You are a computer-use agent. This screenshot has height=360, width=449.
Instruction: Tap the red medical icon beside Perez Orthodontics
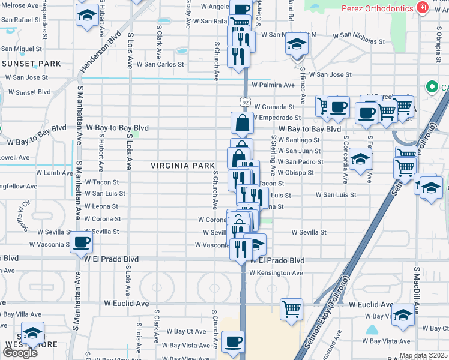423,8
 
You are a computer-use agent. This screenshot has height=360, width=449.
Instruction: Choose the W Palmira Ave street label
273,85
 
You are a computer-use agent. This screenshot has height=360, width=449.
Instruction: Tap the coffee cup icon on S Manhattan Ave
81,243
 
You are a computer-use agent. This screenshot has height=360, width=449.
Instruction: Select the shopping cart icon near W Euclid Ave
291,310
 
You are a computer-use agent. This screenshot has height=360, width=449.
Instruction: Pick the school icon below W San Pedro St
360,160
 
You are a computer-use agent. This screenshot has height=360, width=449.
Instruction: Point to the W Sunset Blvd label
28,92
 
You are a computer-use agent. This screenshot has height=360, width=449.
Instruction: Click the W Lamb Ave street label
59,173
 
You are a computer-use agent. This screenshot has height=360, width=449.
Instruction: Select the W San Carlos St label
160,64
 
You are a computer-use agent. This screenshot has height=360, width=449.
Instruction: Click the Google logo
20,353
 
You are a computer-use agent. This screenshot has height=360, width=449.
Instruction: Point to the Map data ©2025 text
424,356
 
